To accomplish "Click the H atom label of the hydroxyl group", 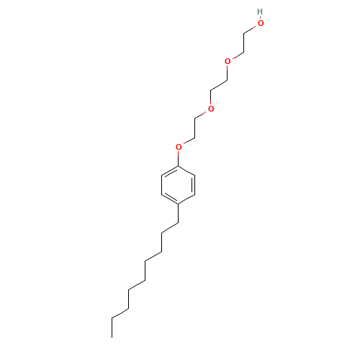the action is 260,12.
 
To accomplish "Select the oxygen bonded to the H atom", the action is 261,23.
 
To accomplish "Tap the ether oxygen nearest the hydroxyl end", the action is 228,61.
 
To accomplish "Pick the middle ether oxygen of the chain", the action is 211,109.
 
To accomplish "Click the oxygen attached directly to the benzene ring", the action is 179,147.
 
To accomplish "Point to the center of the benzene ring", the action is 178,185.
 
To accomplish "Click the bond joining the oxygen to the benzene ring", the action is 178,158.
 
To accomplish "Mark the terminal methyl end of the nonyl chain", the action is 112,338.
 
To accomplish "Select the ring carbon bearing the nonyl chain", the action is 178,204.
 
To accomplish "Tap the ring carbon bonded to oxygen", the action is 178,166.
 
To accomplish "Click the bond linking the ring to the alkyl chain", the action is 178,214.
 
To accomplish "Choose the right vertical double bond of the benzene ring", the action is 194,185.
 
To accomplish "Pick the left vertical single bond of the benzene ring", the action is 162,185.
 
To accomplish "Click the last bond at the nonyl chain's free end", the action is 112,328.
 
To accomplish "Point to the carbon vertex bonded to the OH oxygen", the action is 244,33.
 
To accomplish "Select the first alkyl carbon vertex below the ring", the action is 178,223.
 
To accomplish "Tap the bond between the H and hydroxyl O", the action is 260,17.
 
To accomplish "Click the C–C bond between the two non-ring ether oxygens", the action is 219,85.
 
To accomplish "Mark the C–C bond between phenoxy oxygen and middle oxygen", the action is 194,128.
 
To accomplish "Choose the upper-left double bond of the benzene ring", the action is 171,171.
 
